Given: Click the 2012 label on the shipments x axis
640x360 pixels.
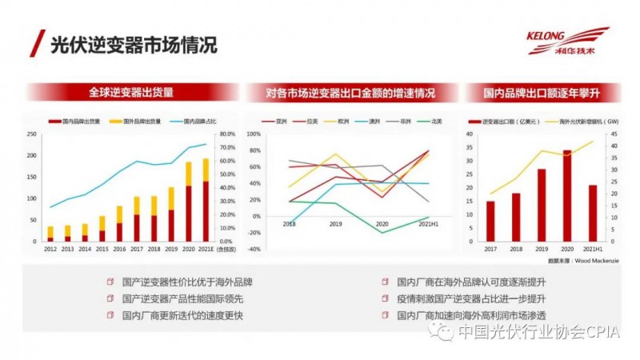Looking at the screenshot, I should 50,249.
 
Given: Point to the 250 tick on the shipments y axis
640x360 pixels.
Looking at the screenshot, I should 32,134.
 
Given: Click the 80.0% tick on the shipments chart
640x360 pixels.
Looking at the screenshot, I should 227,134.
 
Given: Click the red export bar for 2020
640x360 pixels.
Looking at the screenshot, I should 566,197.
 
